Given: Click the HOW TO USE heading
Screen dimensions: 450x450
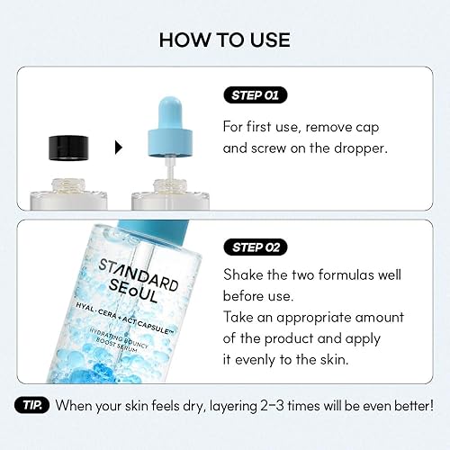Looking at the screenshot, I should click(224, 40).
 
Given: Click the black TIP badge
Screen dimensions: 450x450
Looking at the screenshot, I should click(32, 405).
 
